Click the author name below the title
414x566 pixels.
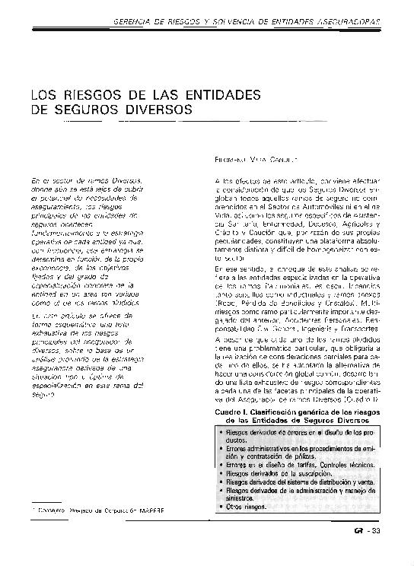[255, 161]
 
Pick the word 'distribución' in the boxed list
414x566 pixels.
[329, 482]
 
